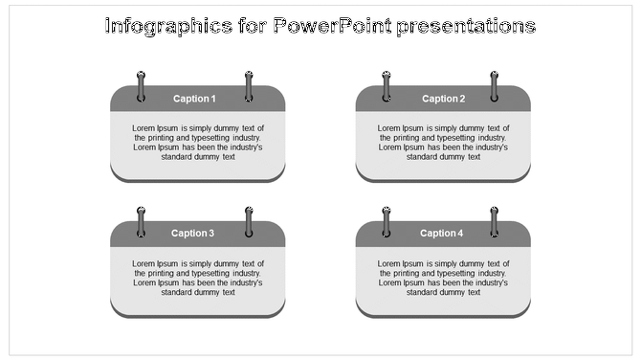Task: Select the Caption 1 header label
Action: coord(194,99)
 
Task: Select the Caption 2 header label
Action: coord(443,99)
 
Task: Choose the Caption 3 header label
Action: coord(193,233)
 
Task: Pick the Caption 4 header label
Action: coord(441,233)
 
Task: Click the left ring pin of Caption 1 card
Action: coord(142,85)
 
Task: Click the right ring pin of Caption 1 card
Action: coord(249,85)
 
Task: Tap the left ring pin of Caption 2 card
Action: coord(387,85)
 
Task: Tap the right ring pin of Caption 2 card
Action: coord(495,85)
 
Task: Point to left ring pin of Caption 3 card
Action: coord(142,220)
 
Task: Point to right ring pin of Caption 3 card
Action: coord(249,220)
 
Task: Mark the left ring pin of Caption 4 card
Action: coord(387,220)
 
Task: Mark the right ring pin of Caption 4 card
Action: coord(495,220)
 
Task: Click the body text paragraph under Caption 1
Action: coord(197,143)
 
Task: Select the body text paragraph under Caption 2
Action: coord(443,143)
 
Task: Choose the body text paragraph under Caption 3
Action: coord(197,278)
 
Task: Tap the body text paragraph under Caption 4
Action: coord(443,278)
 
